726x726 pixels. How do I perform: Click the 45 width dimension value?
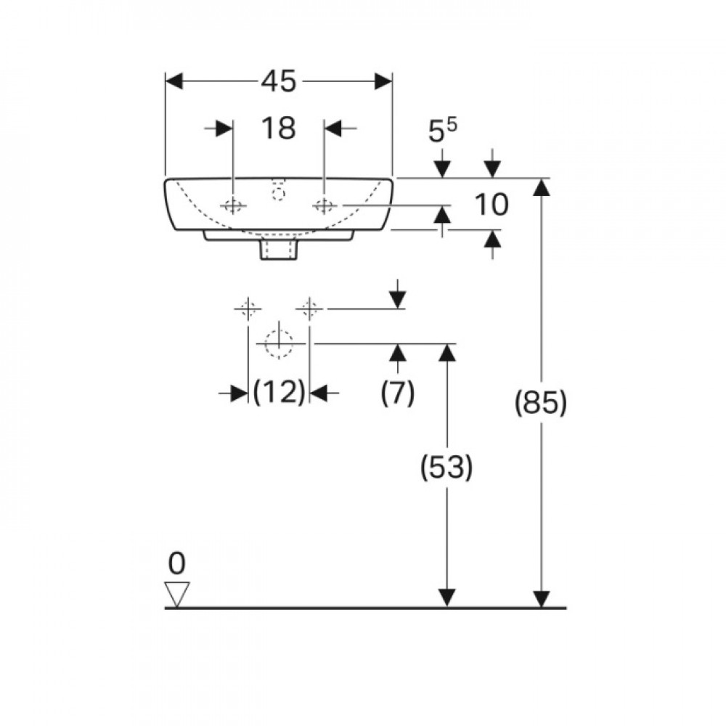point(279,81)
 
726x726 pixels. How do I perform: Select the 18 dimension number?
point(279,129)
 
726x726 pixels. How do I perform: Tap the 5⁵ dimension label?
point(443,131)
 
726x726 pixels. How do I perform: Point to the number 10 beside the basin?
point(492,205)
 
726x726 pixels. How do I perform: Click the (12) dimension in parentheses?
point(280,392)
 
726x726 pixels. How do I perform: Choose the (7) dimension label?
point(398,393)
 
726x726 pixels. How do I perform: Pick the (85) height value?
point(541,402)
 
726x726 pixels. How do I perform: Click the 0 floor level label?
point(177,563)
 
